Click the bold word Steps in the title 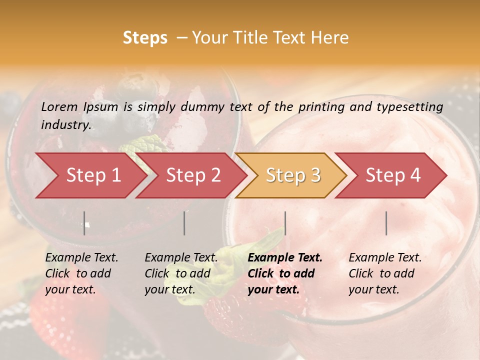(x=145, y=38)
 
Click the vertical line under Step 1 (x=84, y=223)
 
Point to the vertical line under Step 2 (x=184, y=223)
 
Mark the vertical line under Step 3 (x=285, y=223)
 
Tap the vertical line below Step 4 (x=386, y=223)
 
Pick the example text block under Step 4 (x=385, y=273)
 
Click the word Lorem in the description (x=59, y=107)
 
